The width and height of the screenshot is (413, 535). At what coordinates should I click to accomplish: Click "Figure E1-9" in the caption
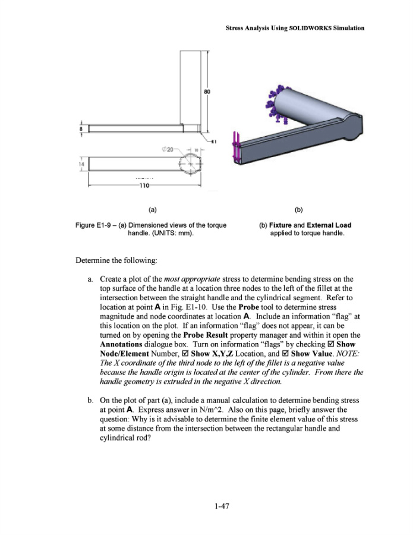coord(94,225)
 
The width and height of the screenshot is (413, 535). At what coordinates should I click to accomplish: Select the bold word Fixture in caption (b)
coord(282,225)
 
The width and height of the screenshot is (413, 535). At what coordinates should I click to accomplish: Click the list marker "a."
coord(90,278)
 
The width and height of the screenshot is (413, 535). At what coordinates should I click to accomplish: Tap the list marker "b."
coord(90,393)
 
